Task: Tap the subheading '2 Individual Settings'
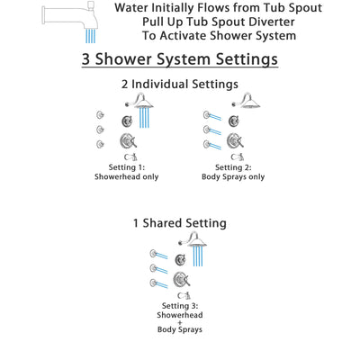click(180, 85)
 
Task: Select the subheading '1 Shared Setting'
click(180, 222)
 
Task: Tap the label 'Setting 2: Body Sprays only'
click(233, 172)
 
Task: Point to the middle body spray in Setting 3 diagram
click(153, 268)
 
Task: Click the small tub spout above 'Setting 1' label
click(133, 157)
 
